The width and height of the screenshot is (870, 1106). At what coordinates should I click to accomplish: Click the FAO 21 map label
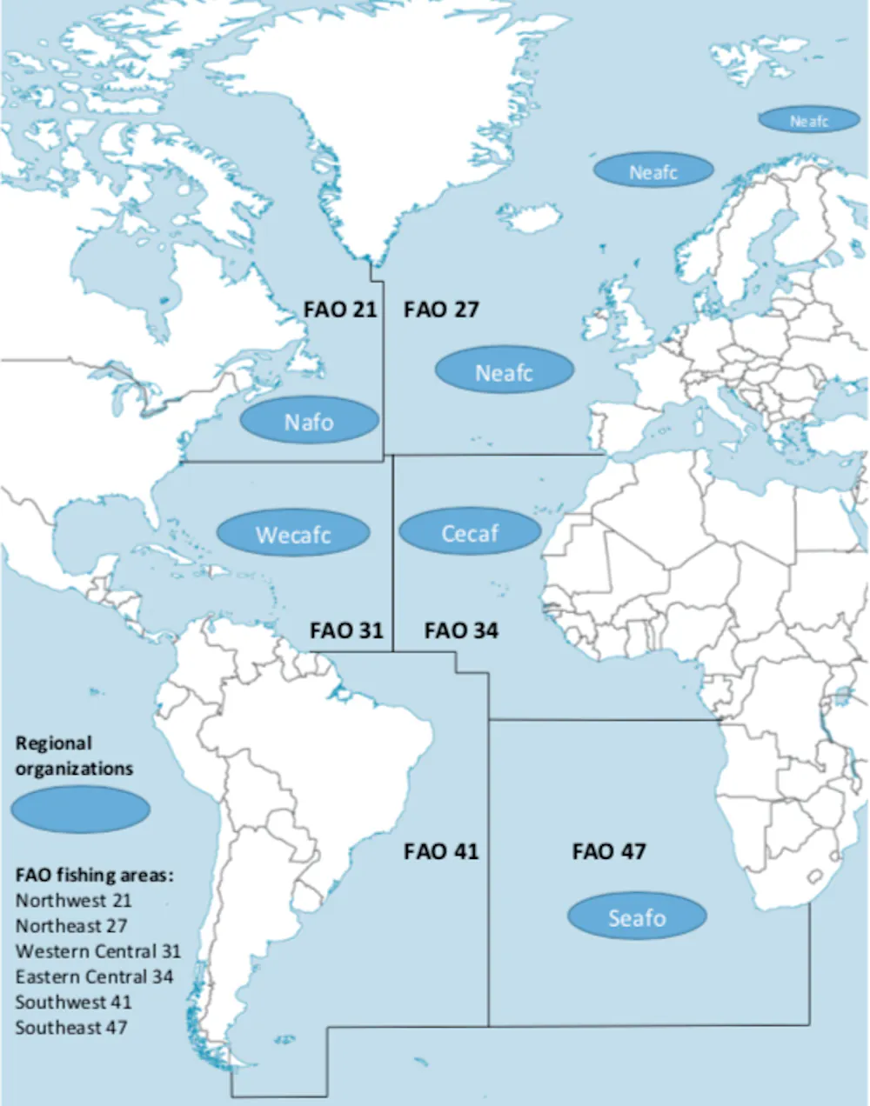[x=339, y=310]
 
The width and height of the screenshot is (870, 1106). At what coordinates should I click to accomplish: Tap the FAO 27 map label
[x=441, y=310]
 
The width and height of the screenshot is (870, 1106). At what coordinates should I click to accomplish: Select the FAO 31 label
[x=346, y=630]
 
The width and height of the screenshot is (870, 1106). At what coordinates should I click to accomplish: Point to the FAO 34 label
[x=461, y=630]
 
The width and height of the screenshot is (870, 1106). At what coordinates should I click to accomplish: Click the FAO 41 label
[x=441, y=851]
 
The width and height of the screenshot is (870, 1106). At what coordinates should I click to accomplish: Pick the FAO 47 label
[x=609, y=851]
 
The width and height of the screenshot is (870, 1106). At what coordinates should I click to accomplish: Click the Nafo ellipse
[x=309, y=422]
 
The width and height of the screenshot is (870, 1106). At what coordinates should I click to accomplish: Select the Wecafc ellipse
[x=292, y=534]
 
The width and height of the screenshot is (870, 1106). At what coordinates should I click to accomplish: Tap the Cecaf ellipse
[x=470, y=532]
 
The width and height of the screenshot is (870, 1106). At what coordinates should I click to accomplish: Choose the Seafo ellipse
[x=637, y=916]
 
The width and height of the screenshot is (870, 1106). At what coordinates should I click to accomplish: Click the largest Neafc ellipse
[x=504, y=372]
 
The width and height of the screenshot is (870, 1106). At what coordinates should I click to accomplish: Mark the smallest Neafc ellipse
[x=809, y=121]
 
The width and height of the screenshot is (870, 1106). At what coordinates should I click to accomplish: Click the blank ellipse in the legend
[x=80, y=810]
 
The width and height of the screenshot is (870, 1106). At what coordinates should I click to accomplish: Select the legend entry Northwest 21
[x=73, y=900]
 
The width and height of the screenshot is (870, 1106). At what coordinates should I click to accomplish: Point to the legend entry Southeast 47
[x=71, y=1028]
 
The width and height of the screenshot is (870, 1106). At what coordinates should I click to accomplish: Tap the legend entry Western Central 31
[x=97, y=951]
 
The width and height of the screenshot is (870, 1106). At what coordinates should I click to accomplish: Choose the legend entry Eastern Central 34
[x=94, y=976]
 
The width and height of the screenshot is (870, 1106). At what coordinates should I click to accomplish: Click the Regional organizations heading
[x=74, y=756]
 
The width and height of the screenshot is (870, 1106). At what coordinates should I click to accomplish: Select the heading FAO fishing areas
[x=94, y=875]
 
